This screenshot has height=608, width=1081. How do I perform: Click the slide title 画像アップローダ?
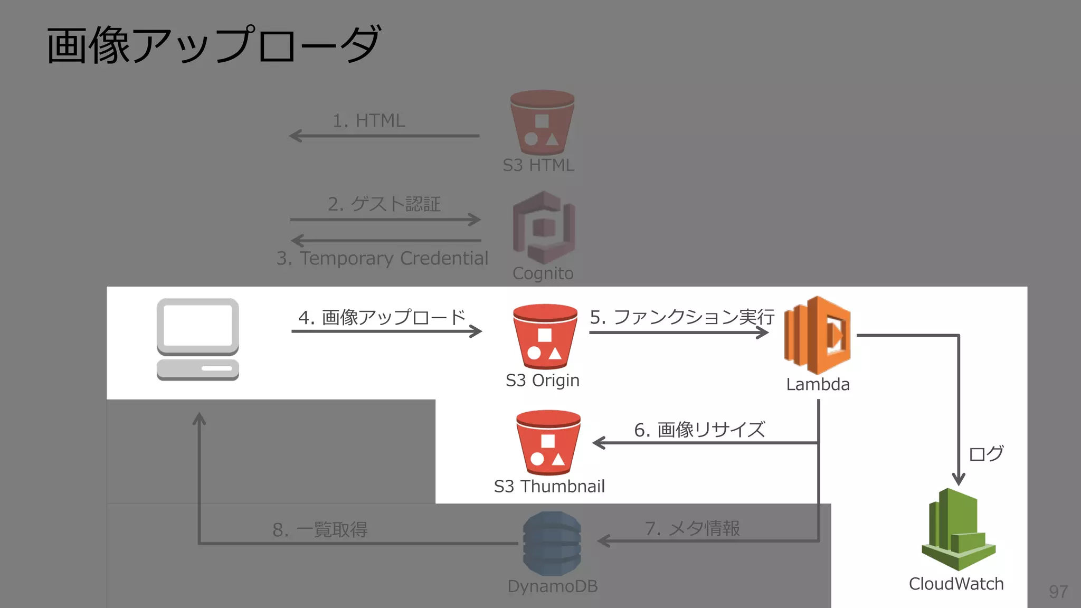213,45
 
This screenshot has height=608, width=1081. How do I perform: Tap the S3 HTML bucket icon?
542,122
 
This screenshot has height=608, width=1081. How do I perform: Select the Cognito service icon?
544,227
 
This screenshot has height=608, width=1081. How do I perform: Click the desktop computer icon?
198,339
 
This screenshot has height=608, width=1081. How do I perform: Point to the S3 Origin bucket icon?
545,336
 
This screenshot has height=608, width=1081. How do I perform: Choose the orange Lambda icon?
817,335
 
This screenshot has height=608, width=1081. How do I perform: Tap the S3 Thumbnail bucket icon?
548,442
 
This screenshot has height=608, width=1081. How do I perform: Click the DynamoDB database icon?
552,544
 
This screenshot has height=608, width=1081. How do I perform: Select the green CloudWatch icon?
958,529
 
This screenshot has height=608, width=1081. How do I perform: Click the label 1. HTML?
368,121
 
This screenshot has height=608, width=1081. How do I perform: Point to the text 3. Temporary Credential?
382,259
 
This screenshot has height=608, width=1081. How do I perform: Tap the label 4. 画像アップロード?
382,317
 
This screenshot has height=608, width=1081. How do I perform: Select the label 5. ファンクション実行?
681,317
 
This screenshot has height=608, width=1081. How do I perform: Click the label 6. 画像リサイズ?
699,430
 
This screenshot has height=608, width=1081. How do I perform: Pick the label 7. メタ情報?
692,528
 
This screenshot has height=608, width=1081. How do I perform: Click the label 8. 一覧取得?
320,530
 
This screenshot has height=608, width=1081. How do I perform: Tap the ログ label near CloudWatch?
986,453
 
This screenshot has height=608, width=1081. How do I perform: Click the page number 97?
1058,592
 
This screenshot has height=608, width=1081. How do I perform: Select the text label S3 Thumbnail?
549,487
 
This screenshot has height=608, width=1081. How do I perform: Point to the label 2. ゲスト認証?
384,204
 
